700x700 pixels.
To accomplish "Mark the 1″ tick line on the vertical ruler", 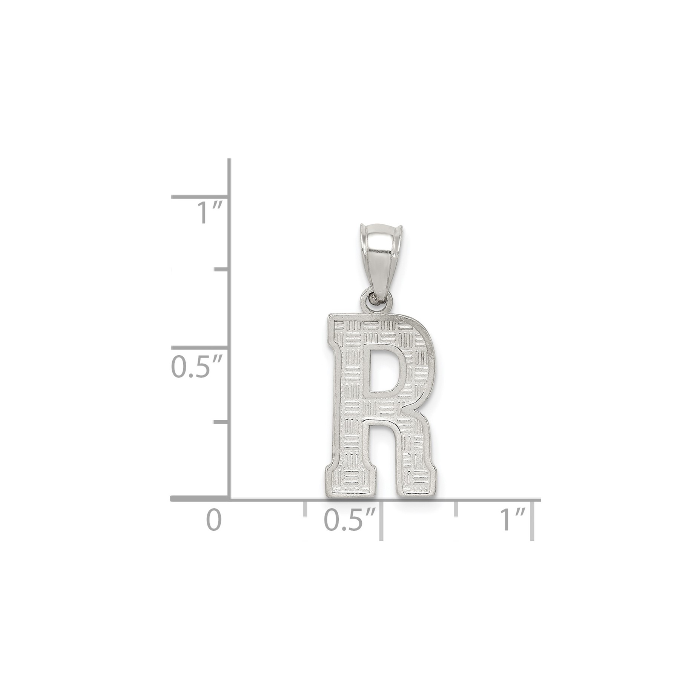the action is pyautogui.click(x=200, y=196).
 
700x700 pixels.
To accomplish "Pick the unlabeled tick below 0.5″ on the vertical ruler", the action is pyautogui.click(x=221, y=422).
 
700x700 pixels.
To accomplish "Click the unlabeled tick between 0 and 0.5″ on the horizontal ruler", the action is pyautogui.click(x=304, y=508).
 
